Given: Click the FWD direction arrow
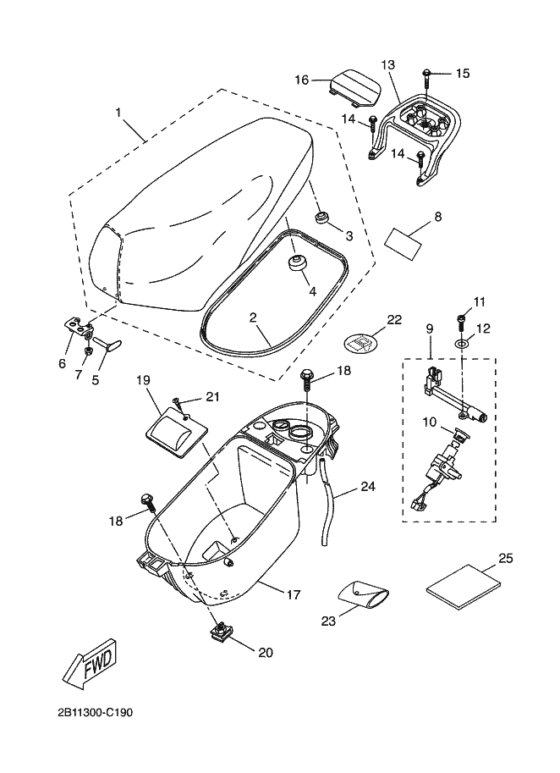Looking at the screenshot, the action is tap(90, 663).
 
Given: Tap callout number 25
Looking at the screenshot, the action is tap(506, 558).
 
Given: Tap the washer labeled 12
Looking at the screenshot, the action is tap(462, 343).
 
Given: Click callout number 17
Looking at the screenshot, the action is tap(294, 595).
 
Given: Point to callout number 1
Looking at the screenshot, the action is tap(118, 113).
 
